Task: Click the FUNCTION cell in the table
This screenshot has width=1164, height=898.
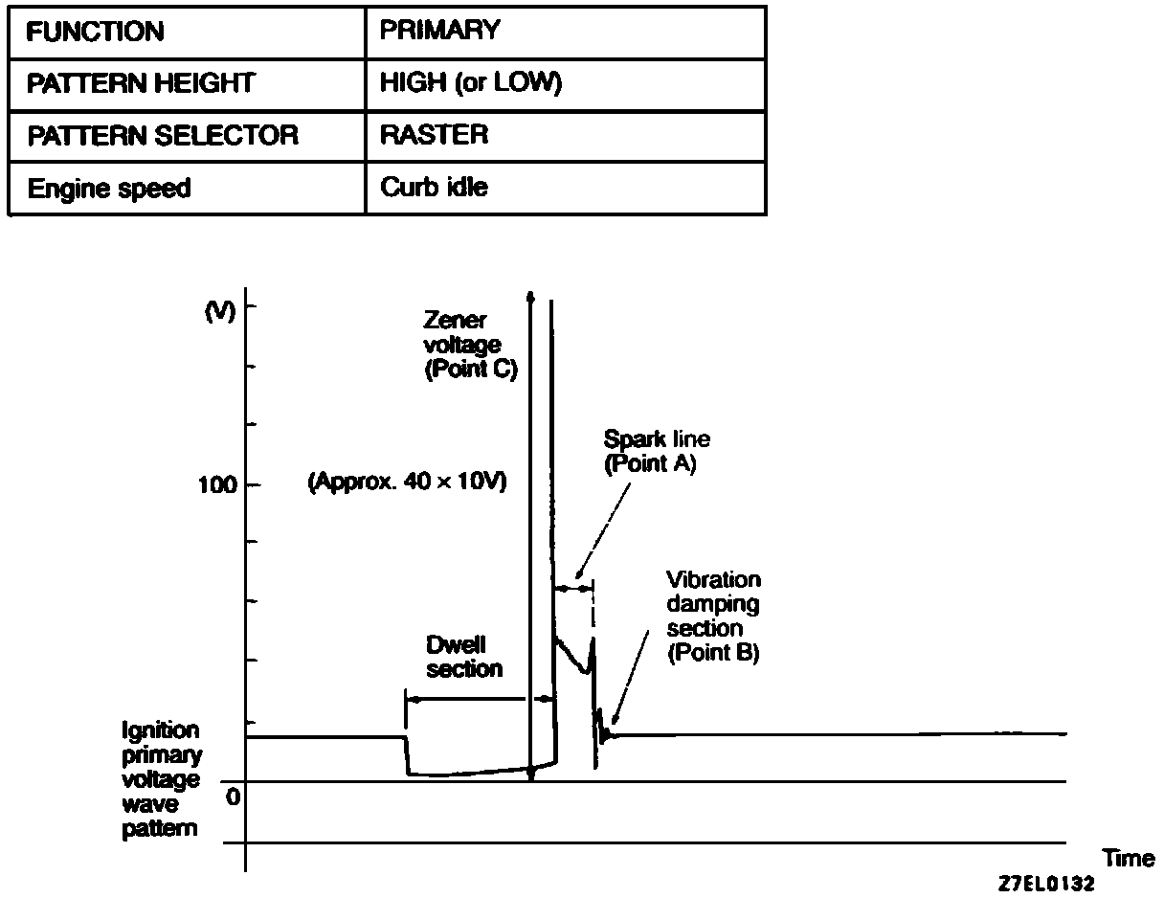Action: click(x=95, y=32)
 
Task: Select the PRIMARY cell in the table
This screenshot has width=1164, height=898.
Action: click(x=439, y=31)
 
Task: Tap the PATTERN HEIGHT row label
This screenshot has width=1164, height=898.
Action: click(x=141, y=83)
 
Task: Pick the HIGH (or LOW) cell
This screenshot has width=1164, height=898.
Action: click(x=470, y=83)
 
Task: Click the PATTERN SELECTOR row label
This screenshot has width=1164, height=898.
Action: click(x=163, y=136)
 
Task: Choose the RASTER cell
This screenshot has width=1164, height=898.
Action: click(x=434, y=135)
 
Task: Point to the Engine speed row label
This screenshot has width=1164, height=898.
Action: click(x=108, y=189)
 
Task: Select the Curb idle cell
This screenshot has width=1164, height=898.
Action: click(x=434, y=188)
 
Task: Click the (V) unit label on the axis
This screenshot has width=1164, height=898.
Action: click(x=219, y=312)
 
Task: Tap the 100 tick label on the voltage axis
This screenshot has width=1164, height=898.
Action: click(x=215, y=484)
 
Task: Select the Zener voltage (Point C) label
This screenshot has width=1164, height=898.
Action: click(x=470, y=346)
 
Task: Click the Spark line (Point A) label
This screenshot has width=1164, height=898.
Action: click(x=656, y=452)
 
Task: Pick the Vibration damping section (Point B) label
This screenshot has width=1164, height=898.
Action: click(x=713, y=617)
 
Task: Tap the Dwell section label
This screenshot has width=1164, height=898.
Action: click(x=464, y=657)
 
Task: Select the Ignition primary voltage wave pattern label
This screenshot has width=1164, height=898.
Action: click(x=161, y=780)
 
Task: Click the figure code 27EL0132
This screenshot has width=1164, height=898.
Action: click(x=1045, y=884)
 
